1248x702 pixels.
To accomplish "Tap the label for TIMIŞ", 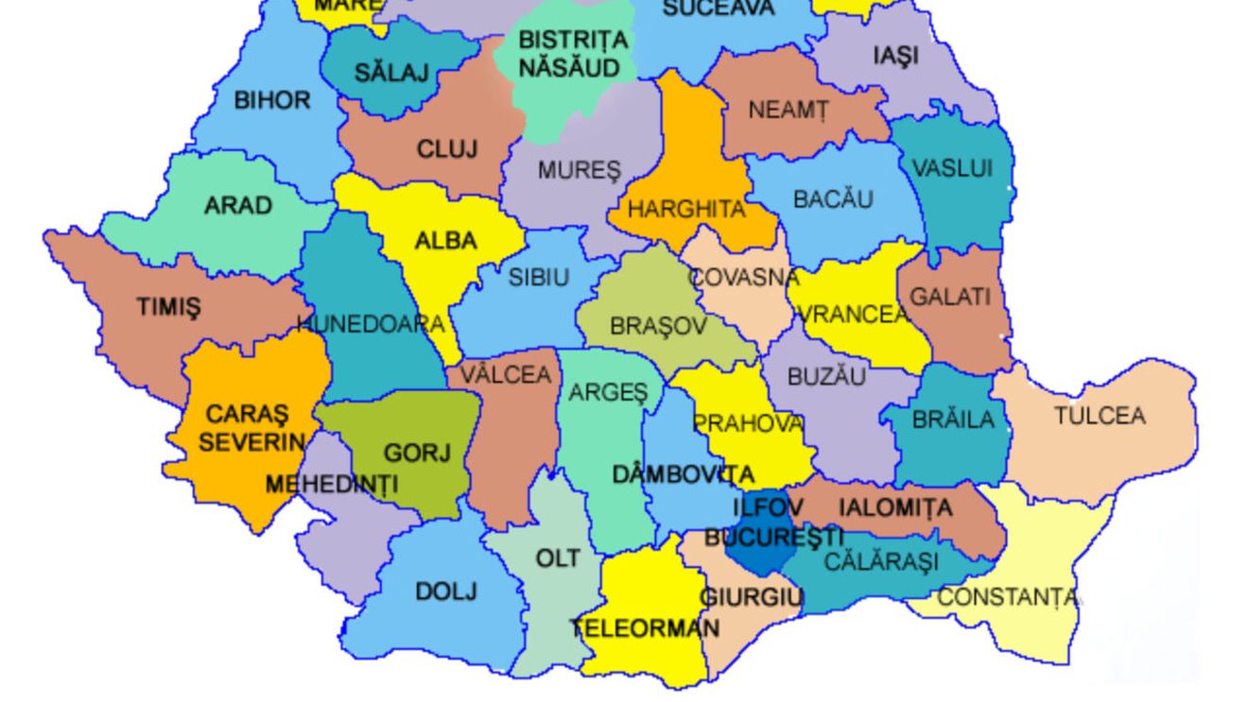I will click(x=168, y=307).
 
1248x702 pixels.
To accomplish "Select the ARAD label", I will click(x=238, y=205).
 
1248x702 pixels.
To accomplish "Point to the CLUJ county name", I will click(x=447, y=149).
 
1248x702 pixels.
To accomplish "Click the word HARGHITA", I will click(x=686, y=210).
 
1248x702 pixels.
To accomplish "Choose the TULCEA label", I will click(x=1100, y=416).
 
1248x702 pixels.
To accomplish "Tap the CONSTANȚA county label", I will click(x=1007, y=597).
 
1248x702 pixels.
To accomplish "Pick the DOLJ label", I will click(x=446, y=591).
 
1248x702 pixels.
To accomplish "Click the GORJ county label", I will click(x=417, y=454).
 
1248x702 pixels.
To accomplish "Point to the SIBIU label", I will click(x=539, y=278).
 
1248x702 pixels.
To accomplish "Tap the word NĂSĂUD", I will click(x=569, y=68).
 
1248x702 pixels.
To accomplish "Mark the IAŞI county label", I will click(x=894, y=56).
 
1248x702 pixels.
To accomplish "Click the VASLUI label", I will click(x=952, y=168).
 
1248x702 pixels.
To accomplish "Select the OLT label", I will click(x=558, y=558).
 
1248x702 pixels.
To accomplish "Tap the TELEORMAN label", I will click(x=645, y=627).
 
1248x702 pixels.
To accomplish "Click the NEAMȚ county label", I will click(x=788, y=111).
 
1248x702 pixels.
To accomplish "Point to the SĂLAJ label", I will click(x=391, y=72).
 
